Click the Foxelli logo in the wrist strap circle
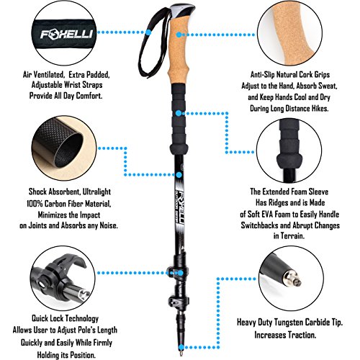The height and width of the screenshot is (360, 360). coord(66,34)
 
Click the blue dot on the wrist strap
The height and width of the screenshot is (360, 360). coord(148,32)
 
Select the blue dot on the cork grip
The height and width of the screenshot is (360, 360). coord(179,35)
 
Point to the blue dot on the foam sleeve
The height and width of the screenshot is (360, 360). coord(179,113)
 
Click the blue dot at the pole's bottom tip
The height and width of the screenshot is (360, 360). coord(181,347)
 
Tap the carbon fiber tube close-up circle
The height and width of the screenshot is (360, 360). coord(64,148)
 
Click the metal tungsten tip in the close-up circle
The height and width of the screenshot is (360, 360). coord(294,279)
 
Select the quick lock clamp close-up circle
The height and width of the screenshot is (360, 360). coord(63,279)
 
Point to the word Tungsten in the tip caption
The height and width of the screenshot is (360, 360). coord(290,322)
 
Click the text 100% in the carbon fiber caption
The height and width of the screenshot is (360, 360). coord(35,204)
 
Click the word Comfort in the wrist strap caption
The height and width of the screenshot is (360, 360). coord(90,96)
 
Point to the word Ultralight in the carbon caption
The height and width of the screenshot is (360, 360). coord(96,192)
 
